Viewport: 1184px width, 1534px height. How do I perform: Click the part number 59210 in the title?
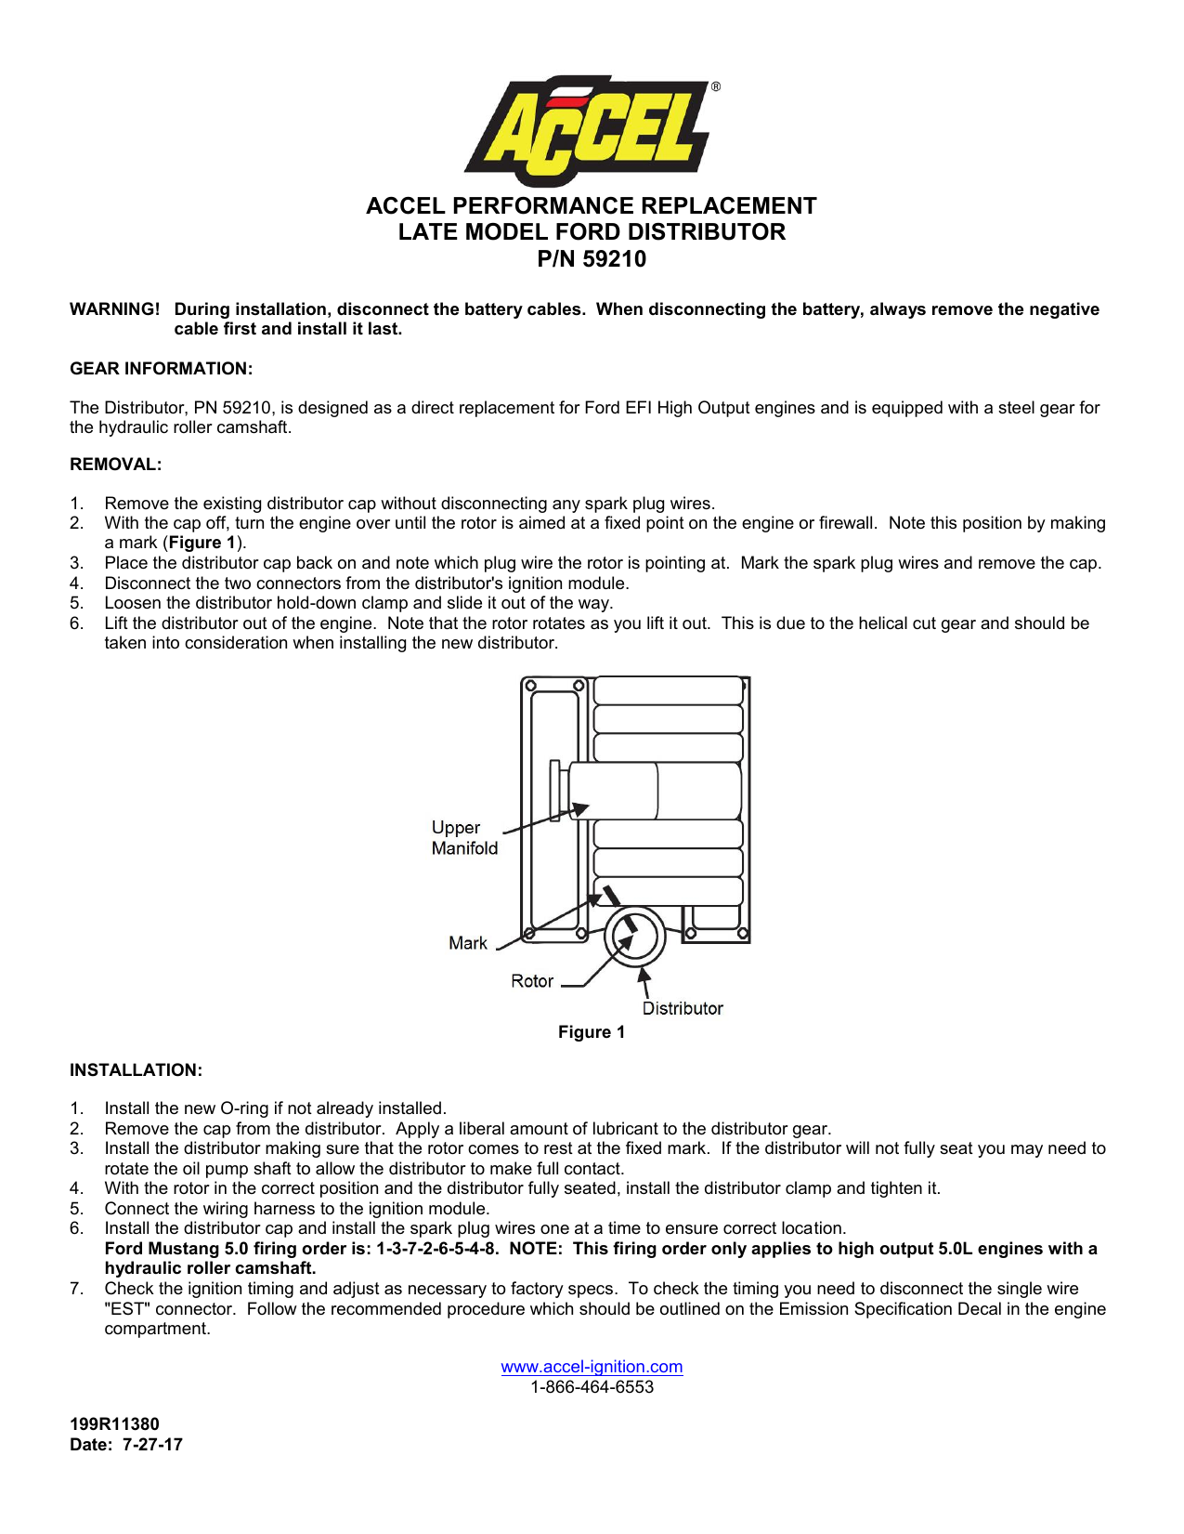pyautogui.click(x=614, y=259)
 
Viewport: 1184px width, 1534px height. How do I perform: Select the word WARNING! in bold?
pyautogui.click(x=114, y=309)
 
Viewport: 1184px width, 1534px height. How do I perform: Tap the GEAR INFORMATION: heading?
pyautogui.click(x=161, y=369)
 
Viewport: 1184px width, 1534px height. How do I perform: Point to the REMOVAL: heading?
pyautogui.click(x=115, y=465)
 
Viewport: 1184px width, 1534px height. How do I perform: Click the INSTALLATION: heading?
pyautogui.click(x=136, y=1070)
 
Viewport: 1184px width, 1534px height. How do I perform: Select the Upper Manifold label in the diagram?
pyautogui.click(x=463, y=838)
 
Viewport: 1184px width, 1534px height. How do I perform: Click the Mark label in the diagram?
pyautogui.click(x=467, y=944)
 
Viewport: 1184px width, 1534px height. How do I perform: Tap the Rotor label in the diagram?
pyautogui.click(x=531, y=981)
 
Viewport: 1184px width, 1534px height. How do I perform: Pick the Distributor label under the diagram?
pyautogui.click(x=682, y=1009)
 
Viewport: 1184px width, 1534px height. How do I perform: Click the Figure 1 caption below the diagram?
pyautogui.click(x=592, y=1032)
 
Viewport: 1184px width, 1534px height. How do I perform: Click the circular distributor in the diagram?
pyautogui.click(x=634, y=937)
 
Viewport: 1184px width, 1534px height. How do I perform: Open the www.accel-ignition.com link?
pyautogui.click(x=592, y=1367)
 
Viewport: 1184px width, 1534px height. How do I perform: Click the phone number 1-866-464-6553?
pyautogui.click(x=592, y=1387)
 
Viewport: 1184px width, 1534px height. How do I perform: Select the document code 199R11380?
pyautogui.click(x=114, y=1424)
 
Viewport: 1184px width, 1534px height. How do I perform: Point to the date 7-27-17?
pyautogui.click(x=152, y=1445)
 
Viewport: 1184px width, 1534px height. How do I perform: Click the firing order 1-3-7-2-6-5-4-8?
pyautogui.click(x=436, y=1249)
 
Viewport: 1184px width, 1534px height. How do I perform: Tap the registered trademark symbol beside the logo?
pyautogui.click(x=715, y=86)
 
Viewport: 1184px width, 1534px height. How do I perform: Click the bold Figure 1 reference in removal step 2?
pyautogui.click(x=202, y=544)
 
